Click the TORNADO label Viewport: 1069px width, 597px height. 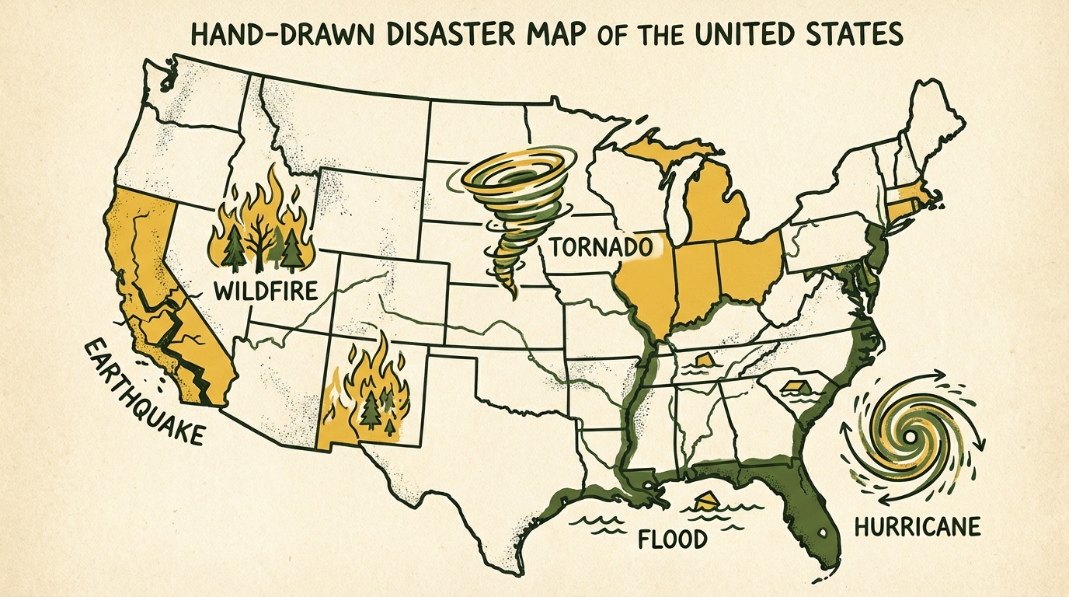click(x=599, y=248)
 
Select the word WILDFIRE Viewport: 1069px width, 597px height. click(x=265, y=292)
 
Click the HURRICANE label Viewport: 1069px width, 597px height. click(x=917, y=527)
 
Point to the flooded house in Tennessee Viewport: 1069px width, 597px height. click(x=702, y=359)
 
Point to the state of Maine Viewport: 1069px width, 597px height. click(x=932, y=117)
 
